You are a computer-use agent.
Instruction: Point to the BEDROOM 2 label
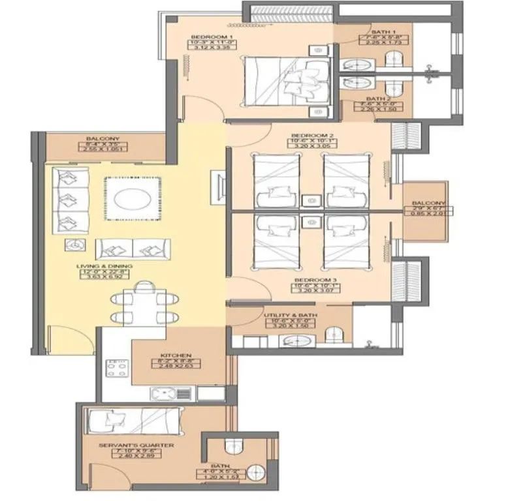pos(313,138)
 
